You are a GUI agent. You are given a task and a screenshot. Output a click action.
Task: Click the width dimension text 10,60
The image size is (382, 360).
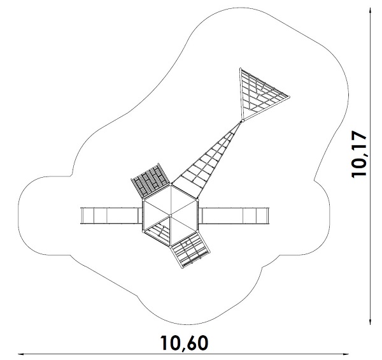click(184, 343)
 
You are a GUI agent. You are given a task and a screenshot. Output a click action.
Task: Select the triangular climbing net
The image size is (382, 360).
click(257, 95)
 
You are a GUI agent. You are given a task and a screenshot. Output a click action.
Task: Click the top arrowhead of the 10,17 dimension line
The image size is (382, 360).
click(372, 10)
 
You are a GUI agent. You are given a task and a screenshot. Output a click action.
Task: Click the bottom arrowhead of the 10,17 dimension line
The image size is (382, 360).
click(372, 322)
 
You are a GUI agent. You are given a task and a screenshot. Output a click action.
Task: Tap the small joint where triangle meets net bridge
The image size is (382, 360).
click(242, 120)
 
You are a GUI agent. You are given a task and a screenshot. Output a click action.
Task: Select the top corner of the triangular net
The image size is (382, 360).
click(240, 69)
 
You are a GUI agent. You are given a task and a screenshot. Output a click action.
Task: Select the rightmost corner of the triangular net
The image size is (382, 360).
click(289, 96)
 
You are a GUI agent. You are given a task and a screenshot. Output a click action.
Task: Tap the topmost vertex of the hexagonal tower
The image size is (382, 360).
click(171, 185)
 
